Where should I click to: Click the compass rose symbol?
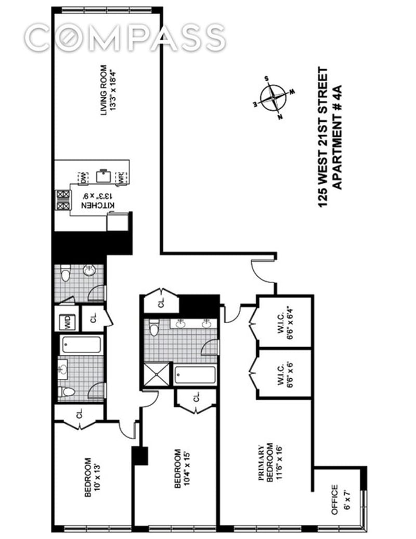(x=273, y=98)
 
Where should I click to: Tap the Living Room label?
(x=108, y=90)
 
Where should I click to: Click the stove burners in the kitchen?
(x=63, y=200)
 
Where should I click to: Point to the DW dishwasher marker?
(x=84, y=177)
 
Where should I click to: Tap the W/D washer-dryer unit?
(x=68, y=322)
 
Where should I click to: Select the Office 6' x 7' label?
(x=340, y=500)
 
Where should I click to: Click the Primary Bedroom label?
(x=270, y=463)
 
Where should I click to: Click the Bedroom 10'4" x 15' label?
(x=181, y=469)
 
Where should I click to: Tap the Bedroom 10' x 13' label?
(x=92, y=478)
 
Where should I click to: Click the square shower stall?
(x=157, y=374)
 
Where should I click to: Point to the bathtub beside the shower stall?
(x=195, y=375)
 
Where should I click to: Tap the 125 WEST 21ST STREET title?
(x=323, y=137)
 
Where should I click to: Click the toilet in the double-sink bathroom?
(x=154, y=328)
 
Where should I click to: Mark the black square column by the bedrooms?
(x=140, y=456)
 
